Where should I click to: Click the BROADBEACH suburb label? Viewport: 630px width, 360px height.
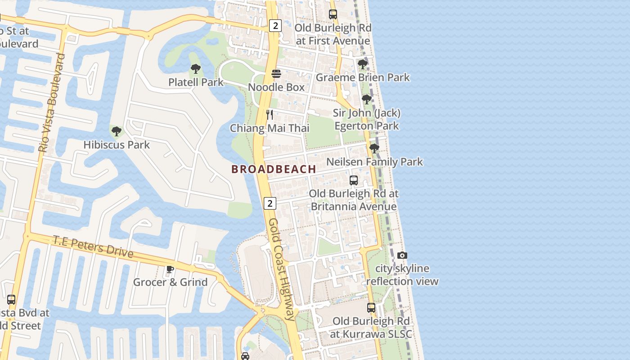point(274,169)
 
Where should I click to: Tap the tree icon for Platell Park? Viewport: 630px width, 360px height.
point(195,69)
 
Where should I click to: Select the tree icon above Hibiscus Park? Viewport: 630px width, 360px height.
point(117,131)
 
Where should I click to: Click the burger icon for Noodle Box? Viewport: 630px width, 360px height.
point(276,74)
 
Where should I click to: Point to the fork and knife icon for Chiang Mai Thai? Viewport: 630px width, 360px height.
point(269,114)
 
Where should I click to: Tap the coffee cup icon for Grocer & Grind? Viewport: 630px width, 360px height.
point(170,269)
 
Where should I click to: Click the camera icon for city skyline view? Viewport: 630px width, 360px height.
point(402,256)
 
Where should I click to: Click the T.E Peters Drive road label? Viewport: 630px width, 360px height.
point(93,247)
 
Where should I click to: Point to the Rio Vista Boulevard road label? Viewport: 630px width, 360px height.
point(52,103)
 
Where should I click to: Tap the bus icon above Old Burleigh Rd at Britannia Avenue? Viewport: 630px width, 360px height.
point(354,180)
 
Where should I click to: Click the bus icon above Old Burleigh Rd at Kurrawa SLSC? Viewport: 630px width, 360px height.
point(371,308)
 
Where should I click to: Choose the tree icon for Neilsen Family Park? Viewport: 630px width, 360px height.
point(374,148)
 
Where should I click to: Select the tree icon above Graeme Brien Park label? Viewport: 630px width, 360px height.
point(362,64)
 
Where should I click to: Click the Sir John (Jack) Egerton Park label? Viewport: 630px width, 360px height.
point(366,119)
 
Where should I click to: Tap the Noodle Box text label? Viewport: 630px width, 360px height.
point(276,87)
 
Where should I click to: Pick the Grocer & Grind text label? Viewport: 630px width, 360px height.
point(170,282)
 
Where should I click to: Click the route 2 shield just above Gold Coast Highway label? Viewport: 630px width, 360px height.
point(270,203)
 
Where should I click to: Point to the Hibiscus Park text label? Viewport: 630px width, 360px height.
point(117,145)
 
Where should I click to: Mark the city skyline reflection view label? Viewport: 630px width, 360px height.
point(402,275)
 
